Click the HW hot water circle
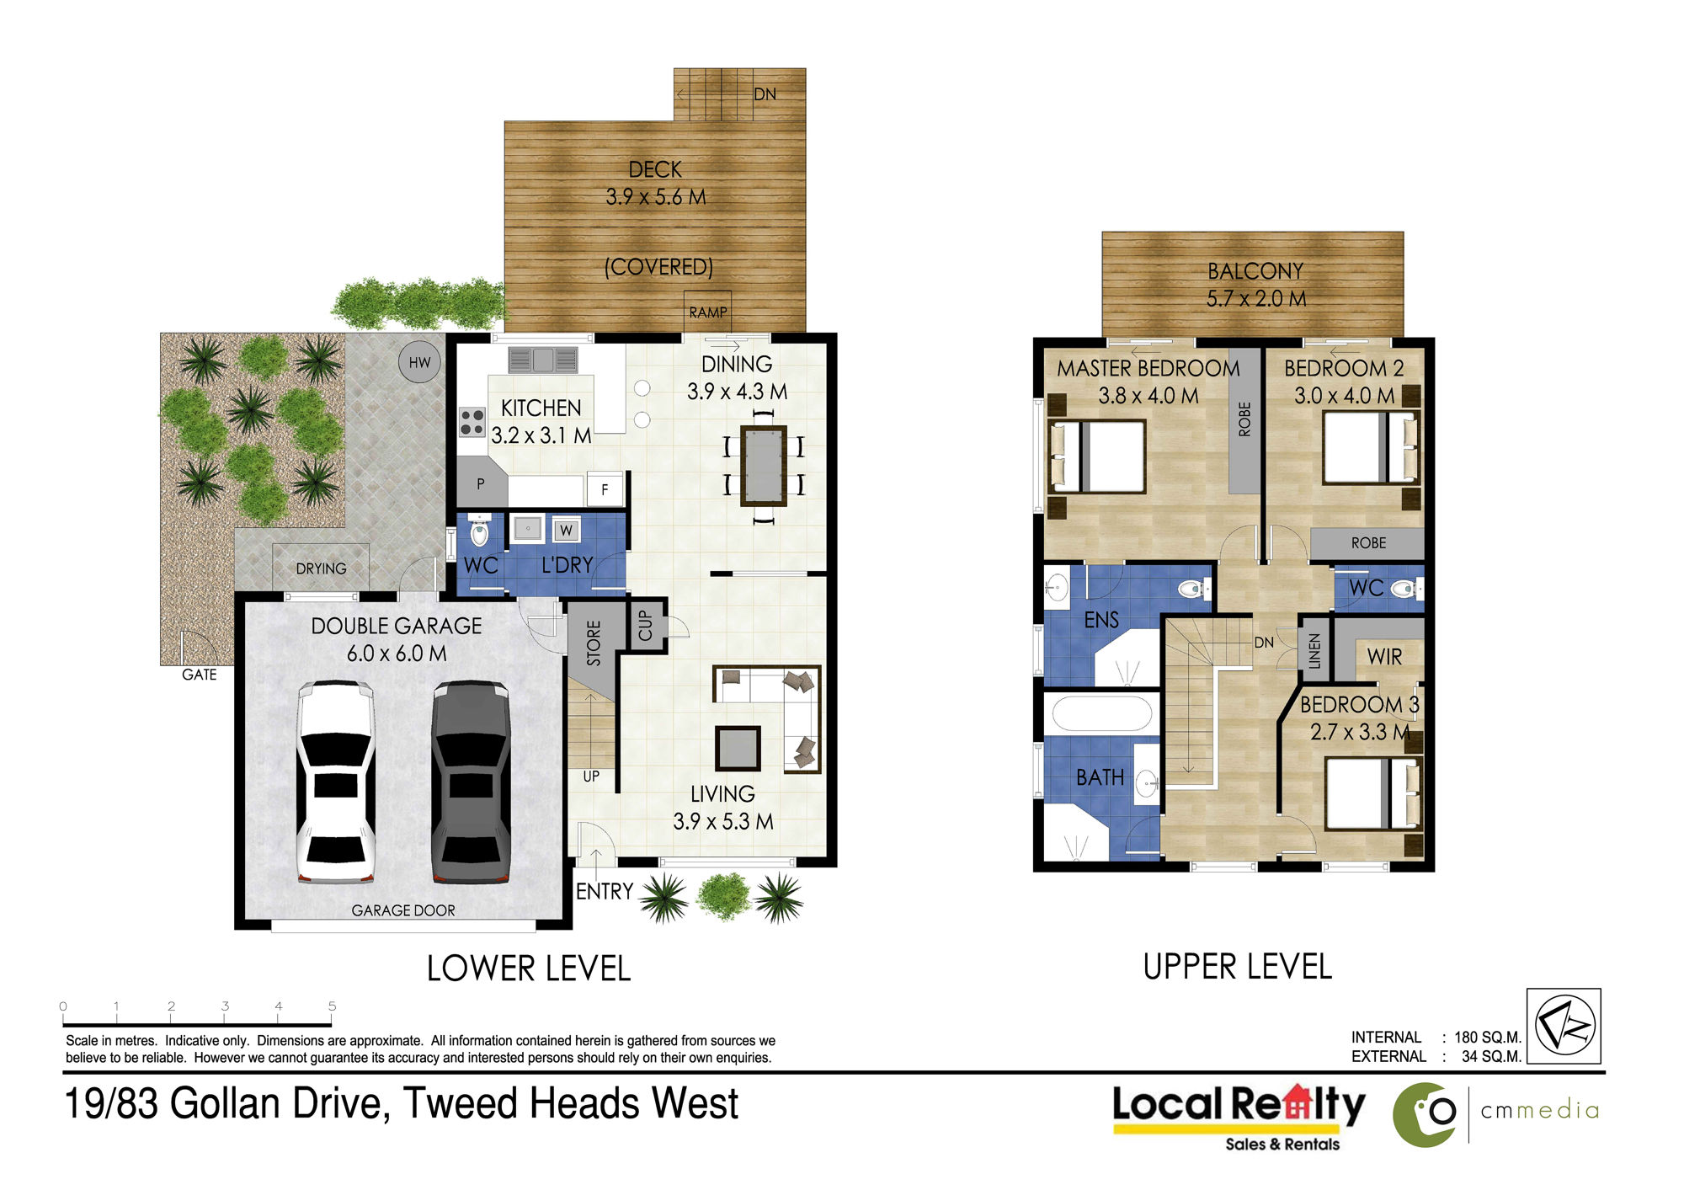[x=419, y=362]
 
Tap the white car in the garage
[x=335, y=782]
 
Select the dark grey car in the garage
[x=471, y=782]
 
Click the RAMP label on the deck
[x=708, y=312]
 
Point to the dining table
[x=764, y=466]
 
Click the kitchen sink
[x=542, y=360]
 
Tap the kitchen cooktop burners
[x=472, y=421]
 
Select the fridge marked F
[x=605, y=488]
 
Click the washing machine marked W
[x=566, y=530]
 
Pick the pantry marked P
[x=481, y=483]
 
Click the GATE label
[x=200, y=675]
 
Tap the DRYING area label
[x=321, y=568]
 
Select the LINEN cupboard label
[x=1314, y=651]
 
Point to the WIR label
[x=1384, y=656]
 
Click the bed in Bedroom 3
[x=1372, y=793]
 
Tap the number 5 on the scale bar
[x=332, y=1006]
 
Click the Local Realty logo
[x=1238, y=1117]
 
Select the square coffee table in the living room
[x=738, y=749]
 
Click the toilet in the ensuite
[x=1191, y=589]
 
